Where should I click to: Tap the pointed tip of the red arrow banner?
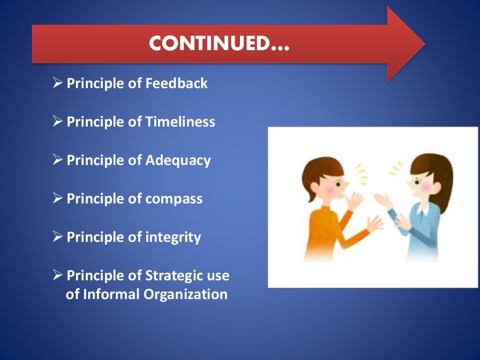click(x=422, y=44)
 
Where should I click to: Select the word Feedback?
click(x=177, y=83)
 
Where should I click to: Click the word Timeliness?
click(x=180, y=122)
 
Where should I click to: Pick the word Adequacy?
click(x=178, y=160)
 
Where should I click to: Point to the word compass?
click(x=174, y=199)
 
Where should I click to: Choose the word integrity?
click(x=173, y=237)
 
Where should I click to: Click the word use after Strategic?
click(x=219, y=276)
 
